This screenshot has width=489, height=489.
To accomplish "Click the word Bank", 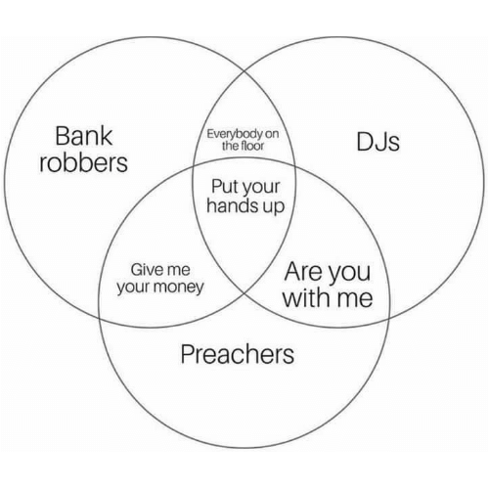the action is click(84, 136).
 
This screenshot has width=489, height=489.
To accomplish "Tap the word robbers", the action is click(83, 162).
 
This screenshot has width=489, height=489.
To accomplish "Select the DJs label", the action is click(378, 142).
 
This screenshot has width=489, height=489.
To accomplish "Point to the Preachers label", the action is click(238, 354).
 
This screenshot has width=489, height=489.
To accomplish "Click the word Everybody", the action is click(235, 134).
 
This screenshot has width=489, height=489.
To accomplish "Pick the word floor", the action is click(251, 146).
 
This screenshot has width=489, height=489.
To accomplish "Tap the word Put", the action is click(223, 187).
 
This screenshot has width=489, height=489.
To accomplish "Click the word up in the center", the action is click(274, 207).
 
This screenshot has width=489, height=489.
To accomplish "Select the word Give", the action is click(145, 270).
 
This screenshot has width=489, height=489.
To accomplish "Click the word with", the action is click(307, 298).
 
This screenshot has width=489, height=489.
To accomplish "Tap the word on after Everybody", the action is click(272, 134).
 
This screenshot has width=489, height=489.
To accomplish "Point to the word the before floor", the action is click(230, 146).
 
